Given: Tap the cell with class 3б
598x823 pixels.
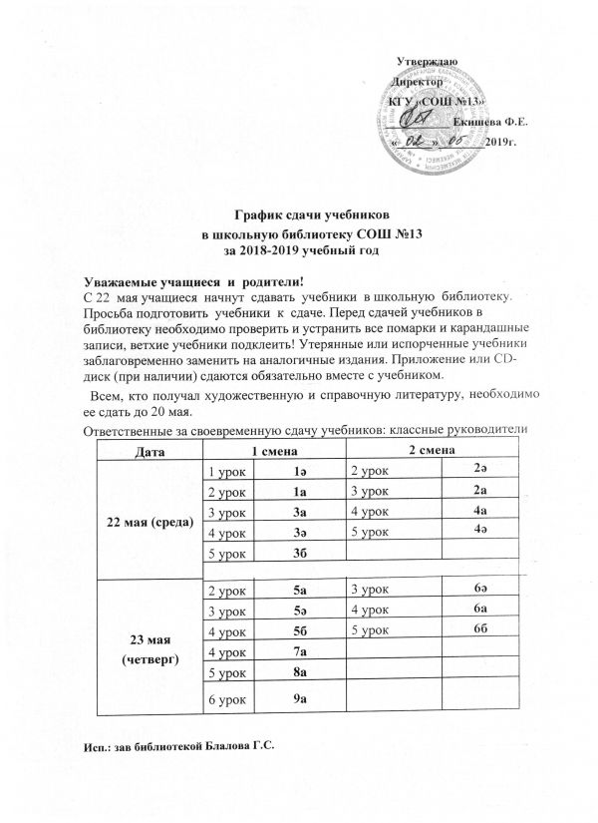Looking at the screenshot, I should [298, 554].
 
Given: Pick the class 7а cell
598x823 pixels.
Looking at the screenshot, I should [298, 651].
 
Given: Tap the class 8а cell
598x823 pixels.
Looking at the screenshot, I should [298, 673].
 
